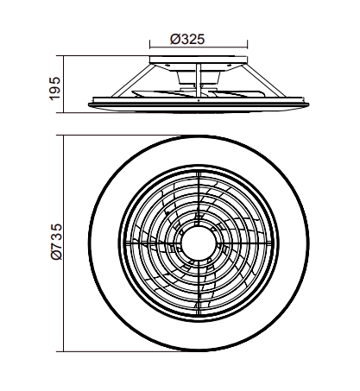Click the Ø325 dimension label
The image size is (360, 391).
coord(187,40)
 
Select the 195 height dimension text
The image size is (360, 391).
coord(55,89)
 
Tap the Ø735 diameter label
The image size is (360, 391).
coord(56,242)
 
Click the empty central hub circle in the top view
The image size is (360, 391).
coord(199,243)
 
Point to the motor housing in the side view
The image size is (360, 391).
coord(199,78)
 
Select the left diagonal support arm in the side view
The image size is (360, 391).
coord(131,80)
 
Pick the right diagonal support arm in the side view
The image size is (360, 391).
coord(263,80)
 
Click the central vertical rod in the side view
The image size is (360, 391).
coord(199,81)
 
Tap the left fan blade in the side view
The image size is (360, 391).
coord(161,94)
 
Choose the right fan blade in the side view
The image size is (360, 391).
coord(236,94)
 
